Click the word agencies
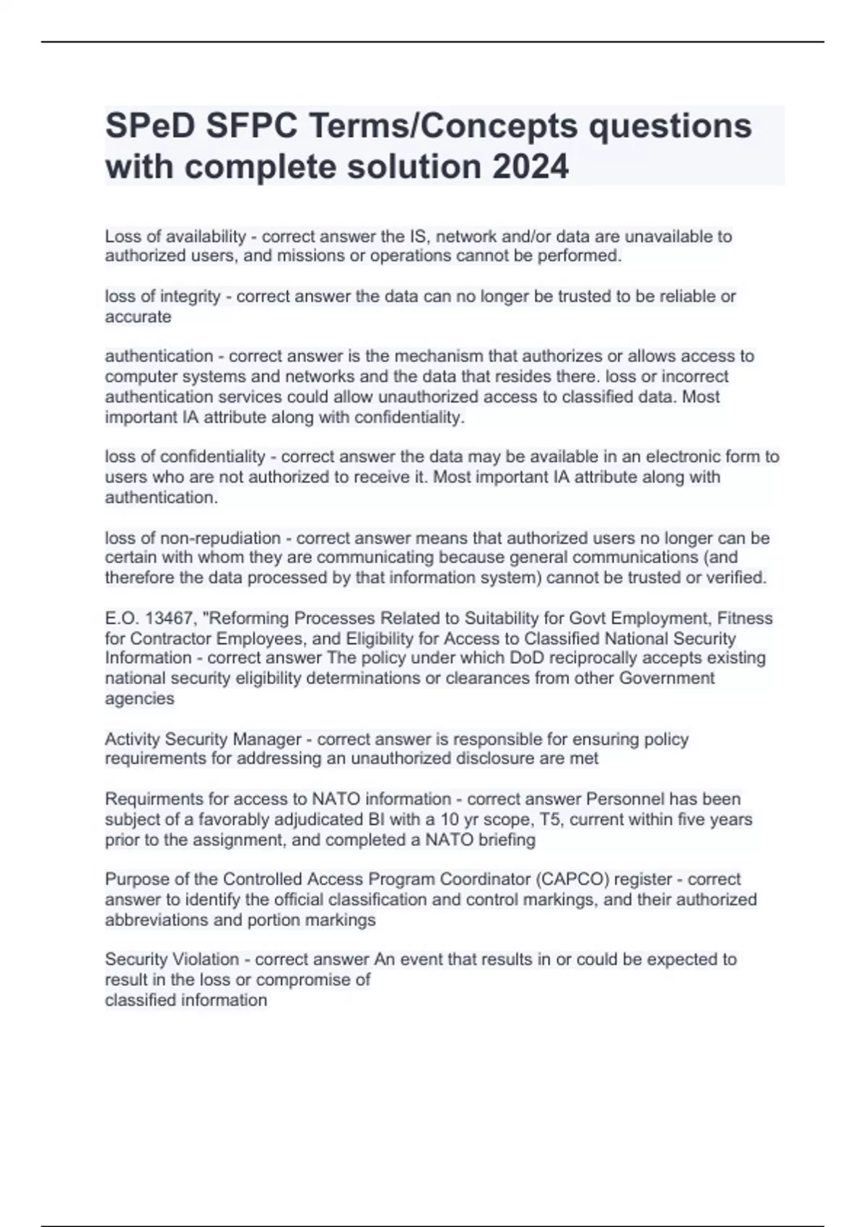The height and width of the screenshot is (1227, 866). pyautogui.click(x=139, y=699)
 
